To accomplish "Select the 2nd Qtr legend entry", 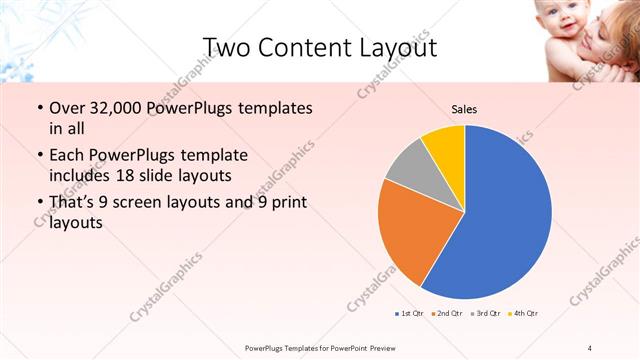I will [x=447, y=314].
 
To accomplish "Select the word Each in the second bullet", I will [x=67, y=155].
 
